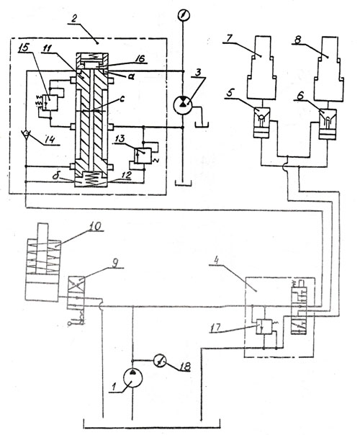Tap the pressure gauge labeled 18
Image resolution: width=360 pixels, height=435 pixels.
click(x=160, y=362)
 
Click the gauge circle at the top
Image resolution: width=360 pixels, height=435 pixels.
click(x=183, y=15)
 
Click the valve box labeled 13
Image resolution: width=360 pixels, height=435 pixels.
click(x=143, y=156)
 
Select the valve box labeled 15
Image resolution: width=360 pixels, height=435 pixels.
click(x=50, y=102)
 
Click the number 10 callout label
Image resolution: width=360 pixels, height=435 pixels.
click(x=94, y=226)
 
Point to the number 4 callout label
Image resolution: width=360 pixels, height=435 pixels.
click(x=217, y=261)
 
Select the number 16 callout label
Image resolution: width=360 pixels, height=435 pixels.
click(x=140, y=59)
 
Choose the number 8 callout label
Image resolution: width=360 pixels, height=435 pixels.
click(x=297, y=40)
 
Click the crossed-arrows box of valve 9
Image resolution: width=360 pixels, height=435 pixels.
click(x=76, y=284)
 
